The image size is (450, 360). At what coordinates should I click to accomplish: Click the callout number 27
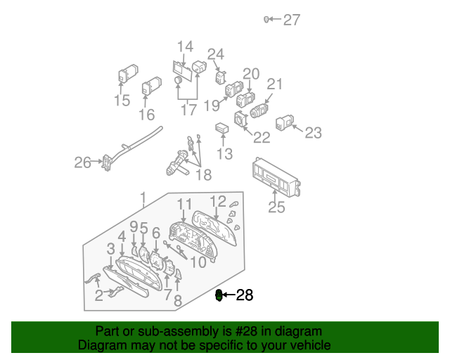tap(292, 20)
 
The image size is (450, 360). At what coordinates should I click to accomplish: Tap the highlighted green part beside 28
tap(219, 295)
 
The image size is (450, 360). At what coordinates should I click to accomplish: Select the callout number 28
tap(244, 295)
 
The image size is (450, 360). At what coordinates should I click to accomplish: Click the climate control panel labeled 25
tap(275, 181)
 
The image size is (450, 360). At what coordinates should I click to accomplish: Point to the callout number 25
tap(277, 207)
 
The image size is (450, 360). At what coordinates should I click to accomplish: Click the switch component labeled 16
tap(151, 88)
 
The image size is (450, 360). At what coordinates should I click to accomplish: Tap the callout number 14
tap(185, 47)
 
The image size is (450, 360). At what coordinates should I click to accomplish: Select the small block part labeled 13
tap(222, 129)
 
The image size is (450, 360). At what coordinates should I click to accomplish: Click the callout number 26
tap(83, 163)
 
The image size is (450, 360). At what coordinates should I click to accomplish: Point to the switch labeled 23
tap(285, 123)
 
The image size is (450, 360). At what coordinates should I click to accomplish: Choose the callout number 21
tap(274, 84)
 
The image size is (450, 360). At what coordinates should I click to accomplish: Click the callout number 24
tap(216, 54)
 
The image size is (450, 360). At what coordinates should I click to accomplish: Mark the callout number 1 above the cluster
tap(143, 197)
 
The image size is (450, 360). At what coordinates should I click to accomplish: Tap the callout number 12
tap(218, 202)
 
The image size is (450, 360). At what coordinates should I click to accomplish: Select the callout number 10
tap(198, 262)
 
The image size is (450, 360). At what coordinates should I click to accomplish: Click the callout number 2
tap(98, 296)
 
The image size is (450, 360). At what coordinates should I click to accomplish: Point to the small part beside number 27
tap(267, 20)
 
